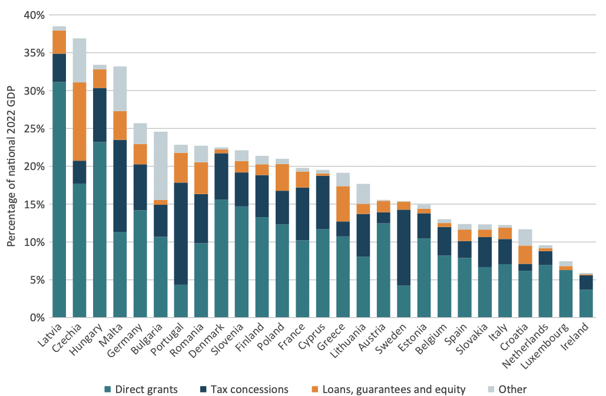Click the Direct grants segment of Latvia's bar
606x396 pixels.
tap(59, 199)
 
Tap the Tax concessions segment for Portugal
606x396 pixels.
tap(181, 234)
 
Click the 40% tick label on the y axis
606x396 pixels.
tap(34, 15)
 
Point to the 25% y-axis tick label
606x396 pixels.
tap(34, 129)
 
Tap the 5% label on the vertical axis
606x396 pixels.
tap(36, 280)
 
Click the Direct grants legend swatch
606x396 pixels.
tap(108, 389)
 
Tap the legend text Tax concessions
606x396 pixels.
tap(259, 389)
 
